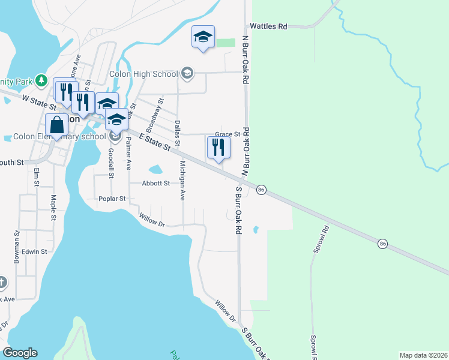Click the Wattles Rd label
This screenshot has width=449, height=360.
coord(268,26)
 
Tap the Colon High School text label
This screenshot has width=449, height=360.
coord(143,74)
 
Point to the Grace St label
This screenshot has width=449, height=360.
coord(228,134)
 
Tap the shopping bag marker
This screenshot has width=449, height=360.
coord(57,125)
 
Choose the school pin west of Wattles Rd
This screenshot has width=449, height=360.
coord(203,37)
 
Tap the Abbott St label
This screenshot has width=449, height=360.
coord(155,184)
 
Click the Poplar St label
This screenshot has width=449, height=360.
coord(112,199)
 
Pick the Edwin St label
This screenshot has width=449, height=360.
coord(34,252)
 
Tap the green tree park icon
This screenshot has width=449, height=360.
coord(41,80)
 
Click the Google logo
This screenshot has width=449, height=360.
coord(20,353)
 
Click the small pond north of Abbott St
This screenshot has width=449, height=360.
coord(155,170)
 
